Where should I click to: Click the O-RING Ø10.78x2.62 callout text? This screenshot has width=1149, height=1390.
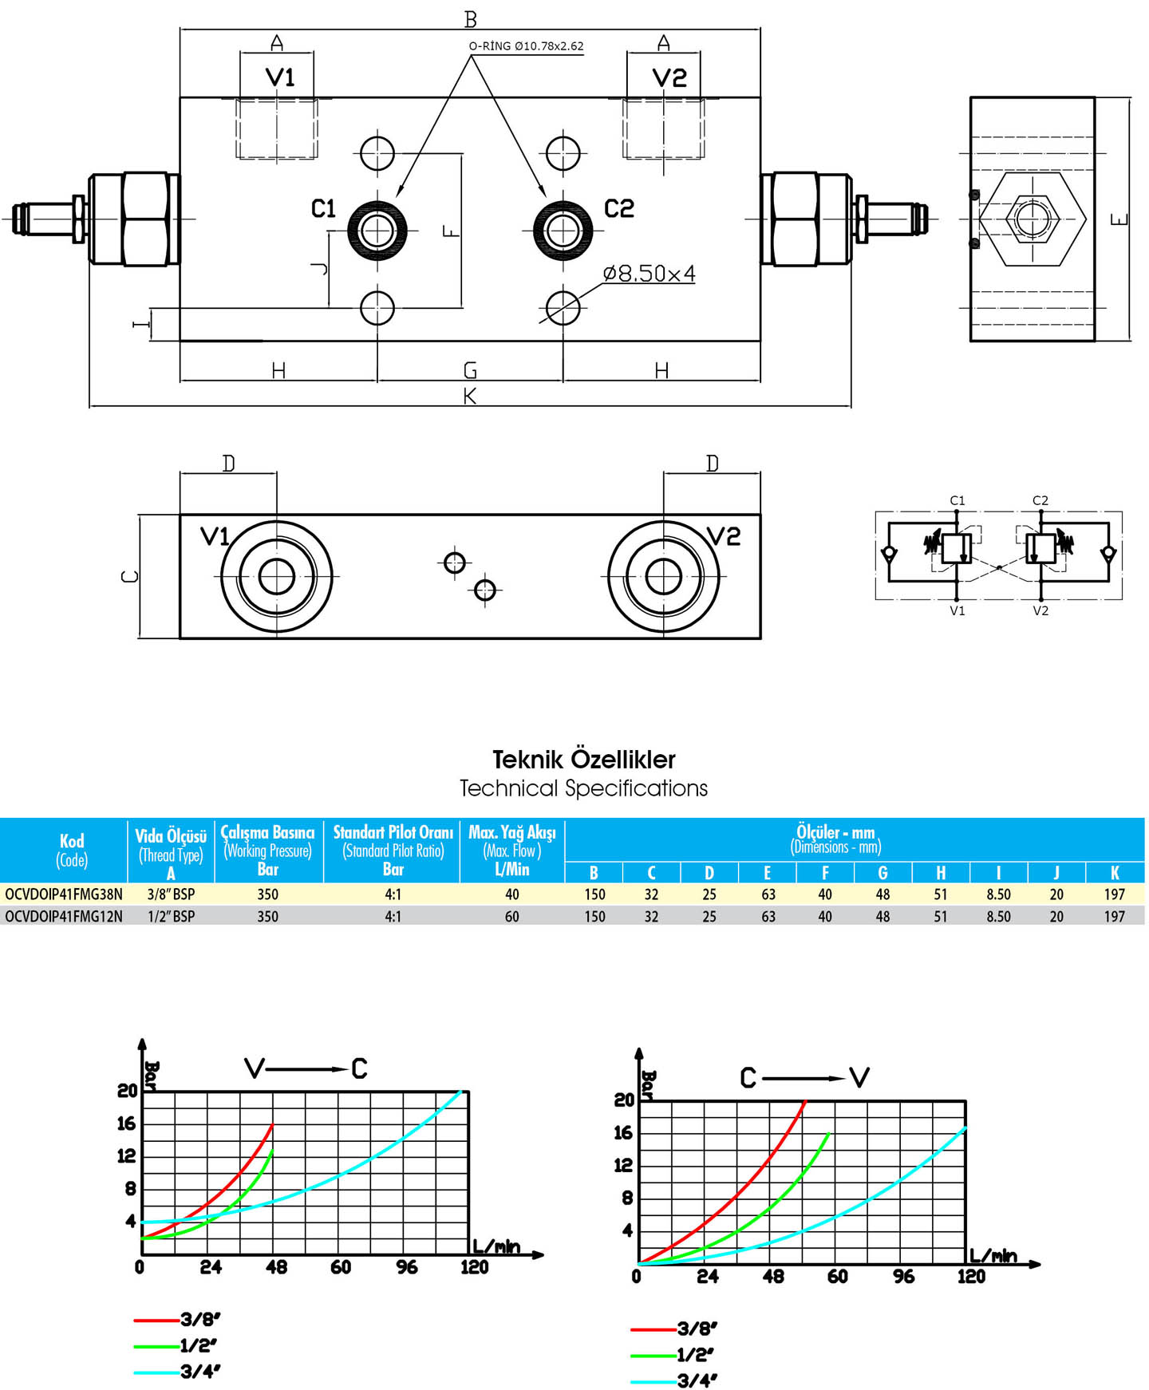[x=526, y=45]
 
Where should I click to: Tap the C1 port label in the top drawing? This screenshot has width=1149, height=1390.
[x=323, y=209]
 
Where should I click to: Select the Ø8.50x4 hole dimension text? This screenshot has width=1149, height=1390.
[x=649, y=274]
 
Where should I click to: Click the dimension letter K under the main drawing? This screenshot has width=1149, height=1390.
[x=470, y=396]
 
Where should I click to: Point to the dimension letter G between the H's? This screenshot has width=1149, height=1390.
[x=470, y=370]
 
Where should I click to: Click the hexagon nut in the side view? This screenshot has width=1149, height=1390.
[x=1032, y=218]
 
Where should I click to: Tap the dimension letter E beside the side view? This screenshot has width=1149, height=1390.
[x=1119, y=219]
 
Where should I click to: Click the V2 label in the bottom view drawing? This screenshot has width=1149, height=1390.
[x=723, y=536]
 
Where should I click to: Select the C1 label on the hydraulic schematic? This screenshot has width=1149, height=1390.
[x=958, y=500]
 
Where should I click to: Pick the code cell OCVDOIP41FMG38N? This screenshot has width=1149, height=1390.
[x=64, y=894]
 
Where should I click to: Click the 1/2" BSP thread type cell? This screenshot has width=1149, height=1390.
[x=171, y=917]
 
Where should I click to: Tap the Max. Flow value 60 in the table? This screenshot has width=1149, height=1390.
[x=512, y=917]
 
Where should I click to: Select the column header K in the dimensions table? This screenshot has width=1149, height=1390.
[x=1115, y=873]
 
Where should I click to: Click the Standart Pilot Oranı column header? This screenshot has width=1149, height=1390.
[x=393, y=832]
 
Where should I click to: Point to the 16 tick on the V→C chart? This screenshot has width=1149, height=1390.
[x=127, y=1123]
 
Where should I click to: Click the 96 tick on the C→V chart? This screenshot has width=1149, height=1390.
[x=904, y=1277]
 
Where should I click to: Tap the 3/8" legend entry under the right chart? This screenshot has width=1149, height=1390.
[x=674, y=1329]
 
